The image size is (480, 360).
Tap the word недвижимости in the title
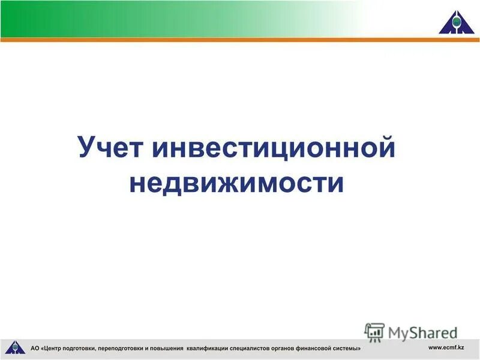point(237,182)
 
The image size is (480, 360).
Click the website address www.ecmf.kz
point(446,348)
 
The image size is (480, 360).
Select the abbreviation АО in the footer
point(35,348)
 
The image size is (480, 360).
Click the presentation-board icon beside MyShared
point(374,332)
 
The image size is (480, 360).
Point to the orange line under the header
point(240,40)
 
